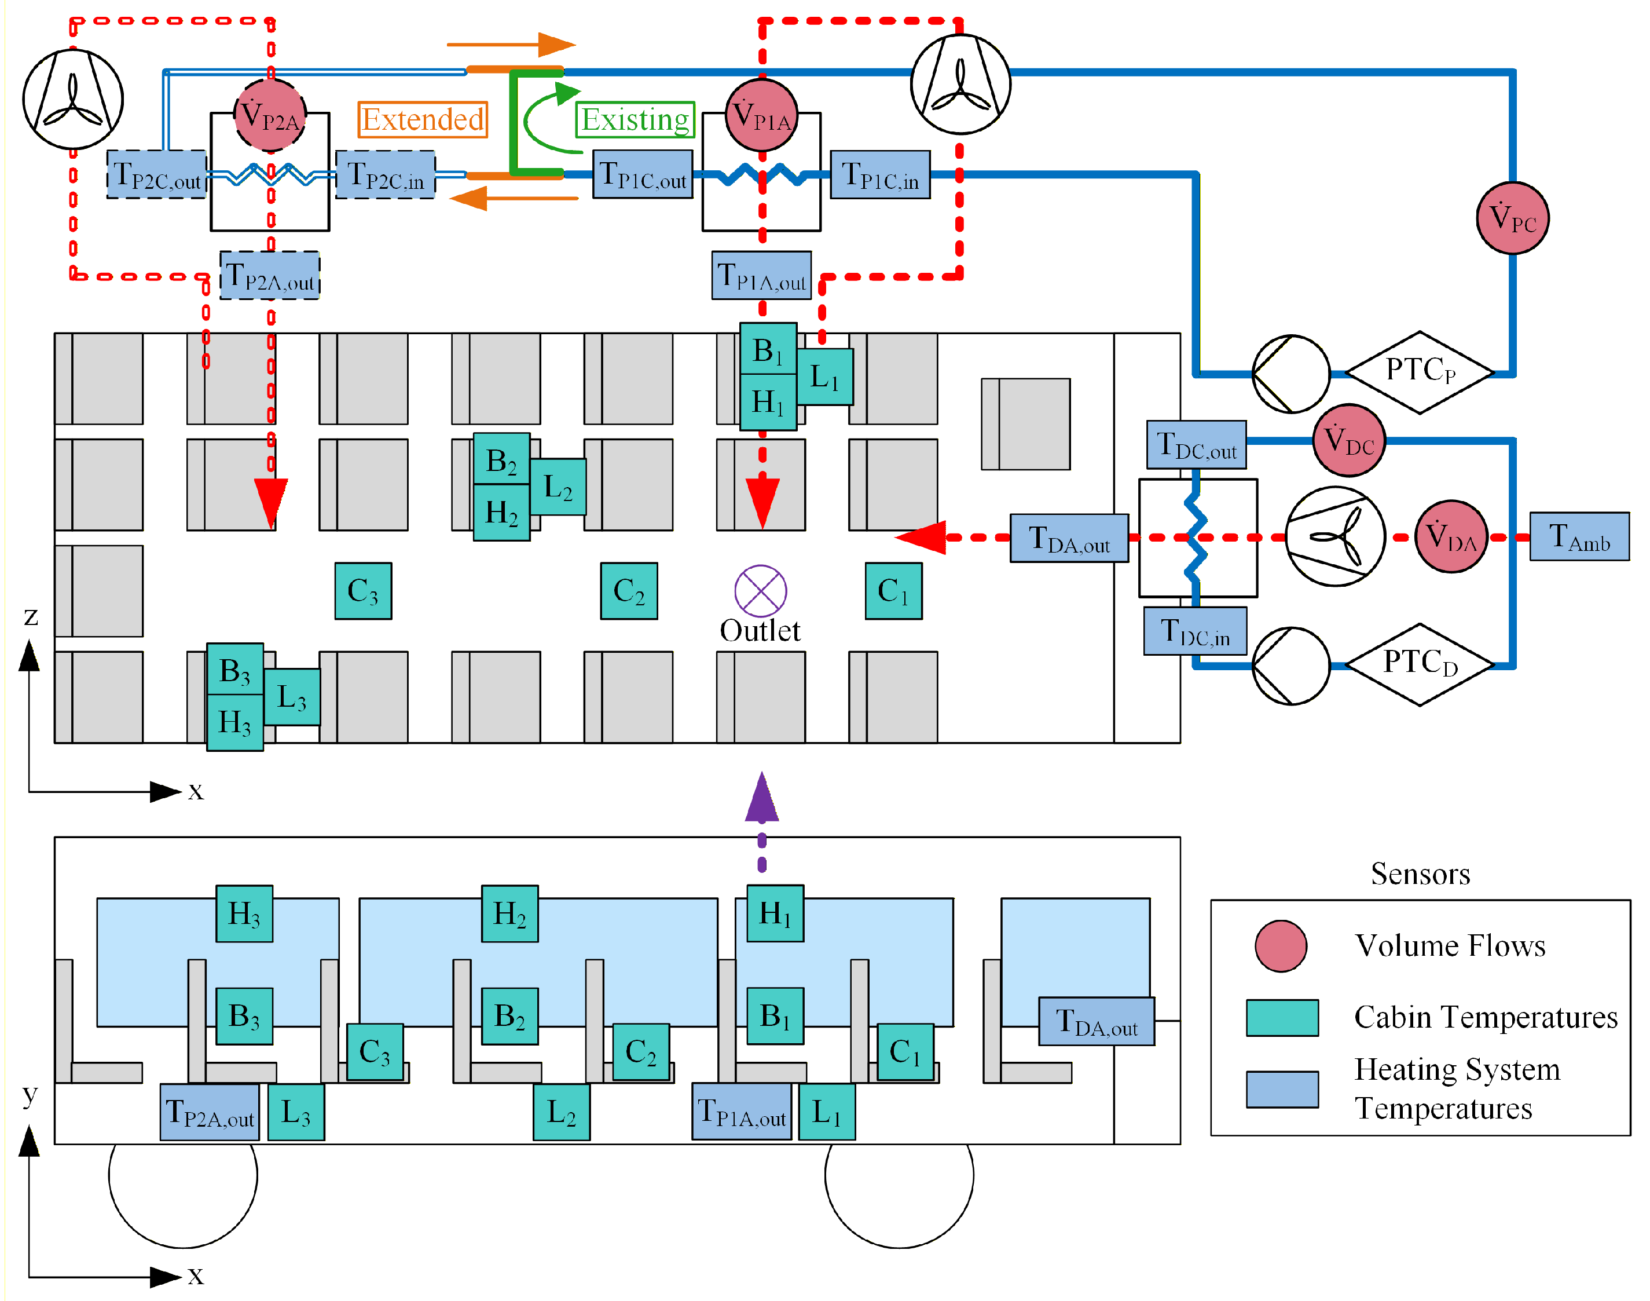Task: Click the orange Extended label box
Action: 423,119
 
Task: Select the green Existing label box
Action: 635,119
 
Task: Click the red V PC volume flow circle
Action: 1512,218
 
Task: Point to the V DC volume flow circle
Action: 1348,440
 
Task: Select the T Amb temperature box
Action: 1579,537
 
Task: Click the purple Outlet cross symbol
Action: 760,591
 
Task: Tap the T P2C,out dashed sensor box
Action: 157,174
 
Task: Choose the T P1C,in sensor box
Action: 879,174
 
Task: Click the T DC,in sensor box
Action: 1195,631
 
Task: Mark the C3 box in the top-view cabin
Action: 363,591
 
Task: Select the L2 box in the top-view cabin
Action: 558,487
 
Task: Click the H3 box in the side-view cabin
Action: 244,913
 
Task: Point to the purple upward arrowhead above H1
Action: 761,798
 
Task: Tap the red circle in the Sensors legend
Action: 1281,946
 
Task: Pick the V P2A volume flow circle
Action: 270,116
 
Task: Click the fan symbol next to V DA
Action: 1335,537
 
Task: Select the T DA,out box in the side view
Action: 1096,1021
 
